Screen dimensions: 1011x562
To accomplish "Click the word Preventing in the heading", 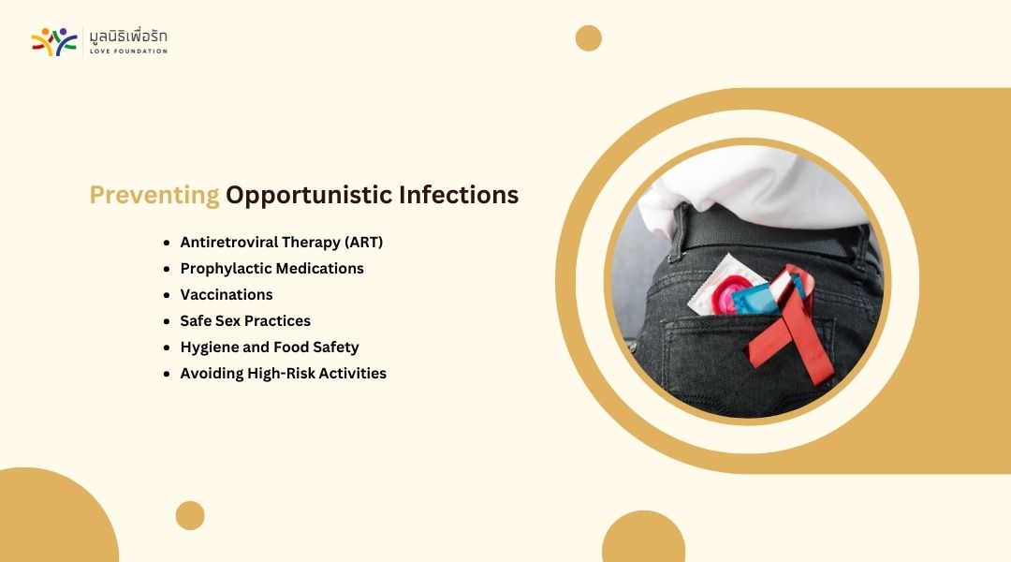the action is [x=154, y=195].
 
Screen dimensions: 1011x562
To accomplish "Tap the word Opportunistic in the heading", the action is [x=309, y=195].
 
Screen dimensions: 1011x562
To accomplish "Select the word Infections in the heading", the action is [x=459, y=194].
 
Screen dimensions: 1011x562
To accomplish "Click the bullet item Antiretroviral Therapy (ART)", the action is [x=281, y=242].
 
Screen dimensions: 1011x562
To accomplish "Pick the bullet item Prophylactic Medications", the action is [x=271, y=269].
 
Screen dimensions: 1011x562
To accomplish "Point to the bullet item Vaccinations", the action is [x=227, y=294].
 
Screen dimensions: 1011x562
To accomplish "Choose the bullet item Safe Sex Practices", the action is [x=245, y=320].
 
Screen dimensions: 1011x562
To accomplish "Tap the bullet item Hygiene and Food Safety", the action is [x=270, y=348].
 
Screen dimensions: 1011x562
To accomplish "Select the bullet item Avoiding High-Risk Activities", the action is [x=283, y=373].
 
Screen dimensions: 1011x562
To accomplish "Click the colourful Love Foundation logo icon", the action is [x=54, y=42].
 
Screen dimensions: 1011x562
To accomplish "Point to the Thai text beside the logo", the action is [x=128, y=37].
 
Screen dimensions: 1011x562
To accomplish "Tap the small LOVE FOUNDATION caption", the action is [x=128, y=51].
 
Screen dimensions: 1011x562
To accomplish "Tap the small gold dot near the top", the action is [x=589, y=38].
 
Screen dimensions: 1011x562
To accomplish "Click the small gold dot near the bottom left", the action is [x=190, y=515].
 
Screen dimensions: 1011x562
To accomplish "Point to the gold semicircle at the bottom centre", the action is [x=643, y=537].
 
